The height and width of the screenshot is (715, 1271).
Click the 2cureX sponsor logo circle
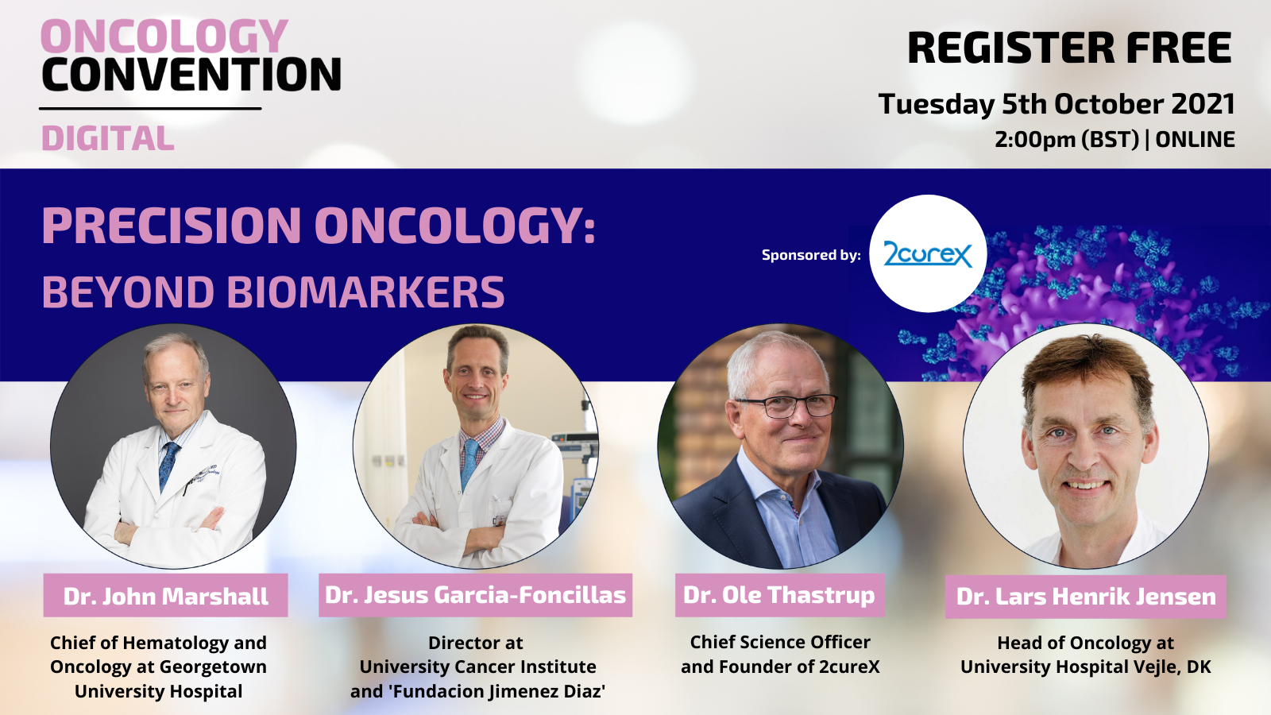coord(928,253)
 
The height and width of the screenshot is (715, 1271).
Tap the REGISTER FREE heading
coord(1069,48)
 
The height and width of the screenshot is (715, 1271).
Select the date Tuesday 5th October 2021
coord(1057,104)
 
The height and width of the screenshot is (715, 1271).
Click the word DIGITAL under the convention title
coord(108,138)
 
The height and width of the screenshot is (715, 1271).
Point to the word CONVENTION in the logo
coord(191,75)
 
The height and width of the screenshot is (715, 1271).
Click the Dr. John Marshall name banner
coord(166,595)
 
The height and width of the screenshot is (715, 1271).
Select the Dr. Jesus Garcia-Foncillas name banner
coord(476,595)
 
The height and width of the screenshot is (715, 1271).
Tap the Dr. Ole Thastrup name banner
coord(779,595)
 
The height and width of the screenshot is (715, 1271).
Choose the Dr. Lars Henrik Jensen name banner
coord(1086,597)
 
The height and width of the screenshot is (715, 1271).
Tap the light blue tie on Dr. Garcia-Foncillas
coord(469,463)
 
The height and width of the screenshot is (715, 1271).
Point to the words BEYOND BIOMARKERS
coord(273,292)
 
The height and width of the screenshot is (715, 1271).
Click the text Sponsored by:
coord(811,255)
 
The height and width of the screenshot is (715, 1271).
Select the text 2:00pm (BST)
coord(1067,140)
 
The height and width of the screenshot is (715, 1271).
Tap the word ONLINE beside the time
coord(1195,140)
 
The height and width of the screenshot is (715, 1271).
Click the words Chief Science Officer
coord(780,642)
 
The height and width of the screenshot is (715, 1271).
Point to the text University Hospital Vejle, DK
coord(1086,667)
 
